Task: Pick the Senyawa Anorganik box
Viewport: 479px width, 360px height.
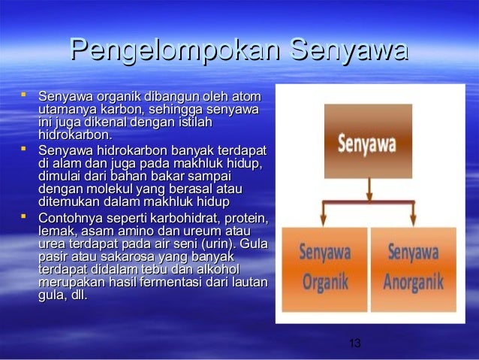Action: point(413,269)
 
